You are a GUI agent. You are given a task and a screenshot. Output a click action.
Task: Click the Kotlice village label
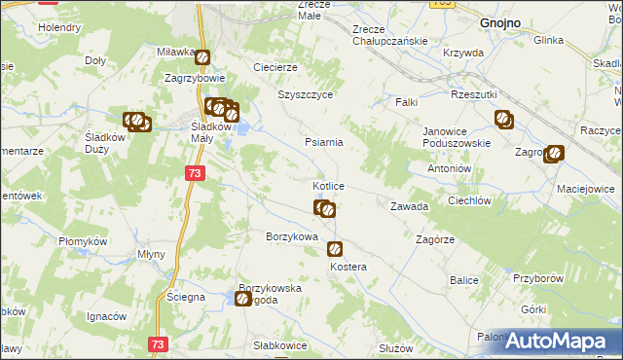point(327,185)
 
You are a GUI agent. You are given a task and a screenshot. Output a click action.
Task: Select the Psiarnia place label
point(323,142)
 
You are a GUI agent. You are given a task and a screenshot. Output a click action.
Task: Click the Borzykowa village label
point(292,236)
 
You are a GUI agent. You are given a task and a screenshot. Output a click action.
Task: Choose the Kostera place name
point(348,267)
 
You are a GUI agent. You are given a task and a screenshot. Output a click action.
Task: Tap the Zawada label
point(409,207)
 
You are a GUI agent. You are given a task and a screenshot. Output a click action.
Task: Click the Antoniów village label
point(450,167)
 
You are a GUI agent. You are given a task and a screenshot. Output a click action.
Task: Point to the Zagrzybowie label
point(196,78)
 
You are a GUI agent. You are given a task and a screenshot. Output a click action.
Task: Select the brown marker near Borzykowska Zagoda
point(242,300)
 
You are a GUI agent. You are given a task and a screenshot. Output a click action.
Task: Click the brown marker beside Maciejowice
point(554,153)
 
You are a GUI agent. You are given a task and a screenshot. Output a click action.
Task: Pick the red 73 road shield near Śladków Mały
point(195,172)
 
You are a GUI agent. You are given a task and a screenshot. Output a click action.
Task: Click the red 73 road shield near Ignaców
point(158,344)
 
